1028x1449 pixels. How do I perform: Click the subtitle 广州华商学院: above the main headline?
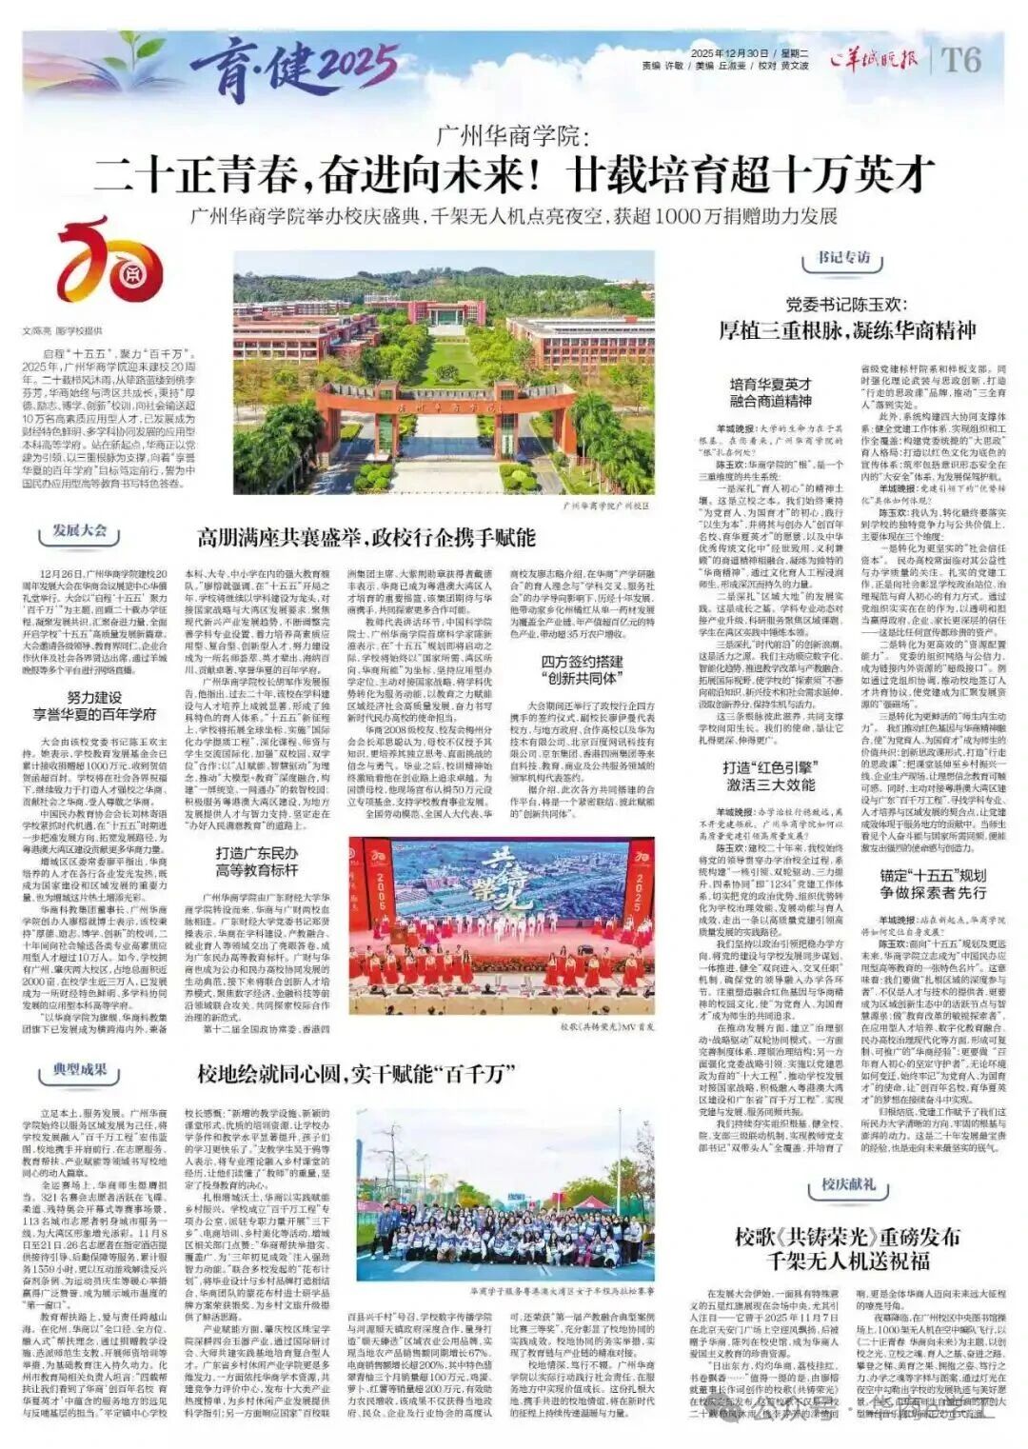pos(513,136)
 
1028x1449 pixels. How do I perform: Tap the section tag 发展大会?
pos(80,530)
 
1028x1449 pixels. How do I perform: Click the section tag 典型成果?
pos(80,1070)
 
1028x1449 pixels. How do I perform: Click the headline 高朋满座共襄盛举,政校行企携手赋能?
pos(366,537)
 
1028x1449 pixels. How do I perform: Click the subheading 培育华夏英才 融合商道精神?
pos(770,393)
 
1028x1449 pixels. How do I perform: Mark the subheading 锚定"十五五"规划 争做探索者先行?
pos(932,884)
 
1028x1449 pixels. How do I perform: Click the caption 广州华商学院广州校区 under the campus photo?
pos(607,506)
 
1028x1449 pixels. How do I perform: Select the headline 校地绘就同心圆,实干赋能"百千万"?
pos(356,1075)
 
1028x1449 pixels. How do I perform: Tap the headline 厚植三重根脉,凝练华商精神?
pos(847,330)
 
